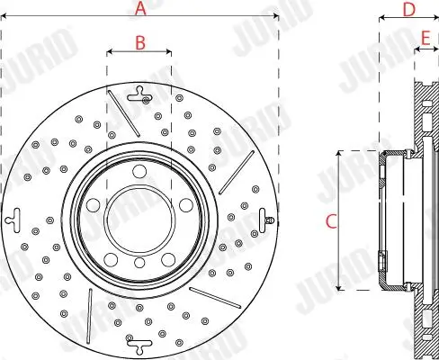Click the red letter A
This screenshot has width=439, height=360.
coord(139,10)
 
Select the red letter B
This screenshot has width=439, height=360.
coord(139,41)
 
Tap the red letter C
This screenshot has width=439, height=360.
coord(330,220)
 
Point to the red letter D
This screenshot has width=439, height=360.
coord(408,10)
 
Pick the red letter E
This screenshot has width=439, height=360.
coord(426,37)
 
